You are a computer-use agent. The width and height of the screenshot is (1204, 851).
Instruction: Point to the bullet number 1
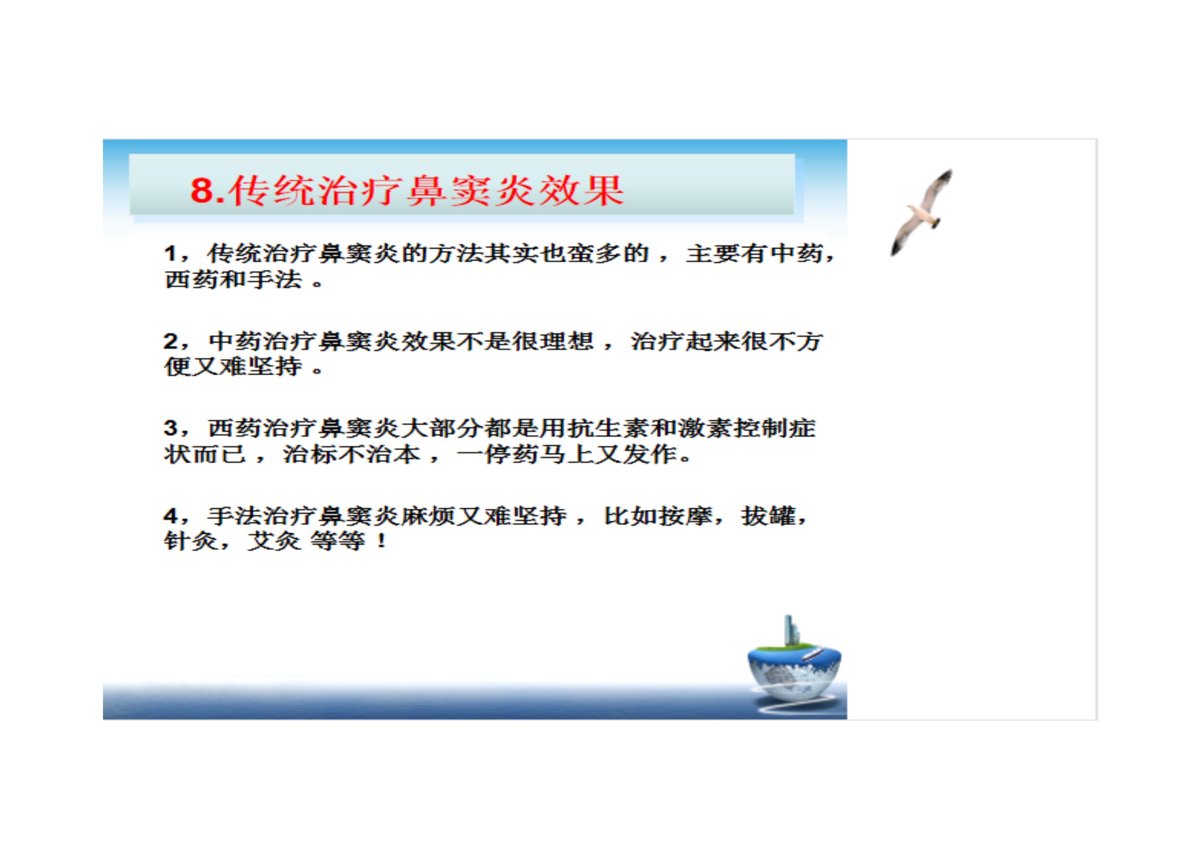pos(170,254)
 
